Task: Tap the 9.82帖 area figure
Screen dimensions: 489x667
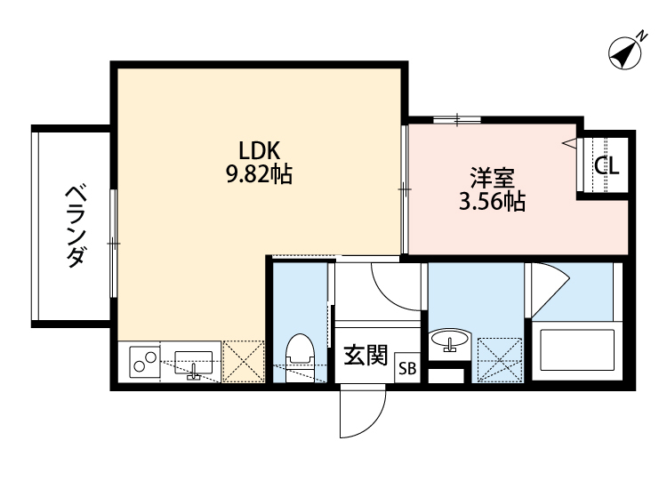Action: (x=258, y=174)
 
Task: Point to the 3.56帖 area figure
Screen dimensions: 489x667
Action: (x=491, y=202)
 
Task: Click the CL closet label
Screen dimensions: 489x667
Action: (x=607, y=165)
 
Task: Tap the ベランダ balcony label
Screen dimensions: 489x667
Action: (x=76, y=227)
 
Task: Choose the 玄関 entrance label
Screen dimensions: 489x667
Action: (x=365, y=357)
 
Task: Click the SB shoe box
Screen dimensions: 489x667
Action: (x=407, y=367)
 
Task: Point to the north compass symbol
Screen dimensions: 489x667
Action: (x=627, y=53)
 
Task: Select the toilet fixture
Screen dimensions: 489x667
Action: (x=300, y=352)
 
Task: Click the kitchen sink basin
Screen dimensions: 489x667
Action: (x=193, y=362)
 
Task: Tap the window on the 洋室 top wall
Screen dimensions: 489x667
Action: (x=458, y=118)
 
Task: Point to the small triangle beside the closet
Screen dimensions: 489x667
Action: (x=567, y=141)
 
